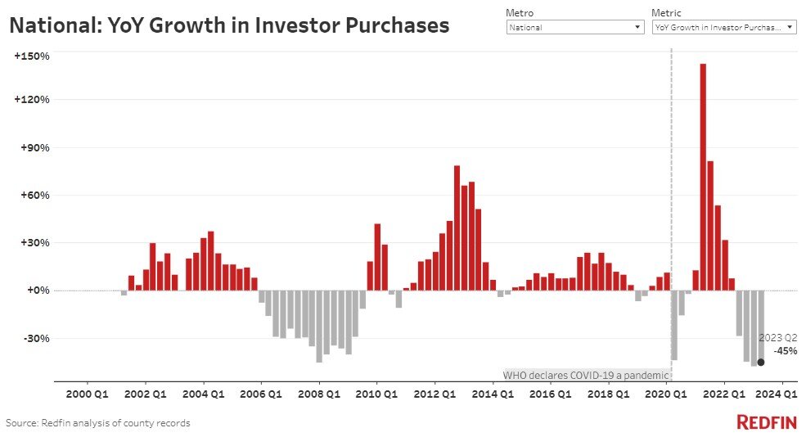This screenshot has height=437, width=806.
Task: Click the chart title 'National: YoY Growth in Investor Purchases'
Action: pyautogui.click(x=229, y=25)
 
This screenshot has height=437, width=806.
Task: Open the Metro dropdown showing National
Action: pyautogui.click(x=575, y=27)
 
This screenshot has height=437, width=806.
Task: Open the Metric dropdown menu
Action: pyautogui.click(x=723, y=27)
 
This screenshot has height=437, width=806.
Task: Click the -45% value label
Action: pyautogui.click(x=786, y=351)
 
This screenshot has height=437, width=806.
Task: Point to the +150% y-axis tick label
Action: pyautogui.click(x=32, y=56)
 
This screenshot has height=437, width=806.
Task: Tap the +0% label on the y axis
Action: pyautogui.click(x=37, y=291)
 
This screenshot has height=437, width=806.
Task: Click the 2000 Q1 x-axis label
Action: pyautogui.click(x=87, y=394)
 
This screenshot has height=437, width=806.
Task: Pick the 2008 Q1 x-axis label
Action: pyautogui.click(x=319, y=394)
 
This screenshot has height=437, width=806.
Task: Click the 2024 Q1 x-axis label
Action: pyautogui.click(x=782, y=394)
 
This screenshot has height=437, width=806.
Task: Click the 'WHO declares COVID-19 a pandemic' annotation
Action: pyautogui.click(x=585, y=375)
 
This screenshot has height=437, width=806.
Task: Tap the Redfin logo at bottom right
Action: pyautogui.click(x=767, y=422)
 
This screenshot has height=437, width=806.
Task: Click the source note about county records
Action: pyautogui.click(x=97, y=423)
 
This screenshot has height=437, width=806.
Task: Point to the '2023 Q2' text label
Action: pyautogui.click(x=777, y=338)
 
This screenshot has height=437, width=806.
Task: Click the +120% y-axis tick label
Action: pyautogui.click(x=32, y=100)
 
